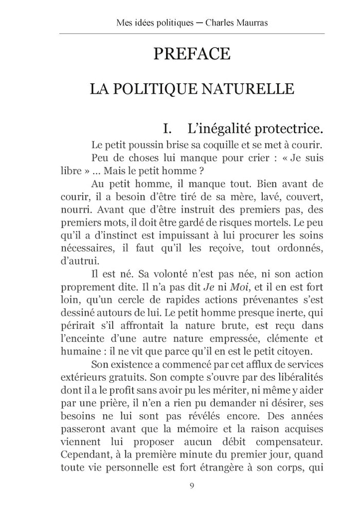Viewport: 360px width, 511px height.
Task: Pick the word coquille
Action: click(x=210, y=144)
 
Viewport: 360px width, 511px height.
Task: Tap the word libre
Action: click(x=70, y=170)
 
